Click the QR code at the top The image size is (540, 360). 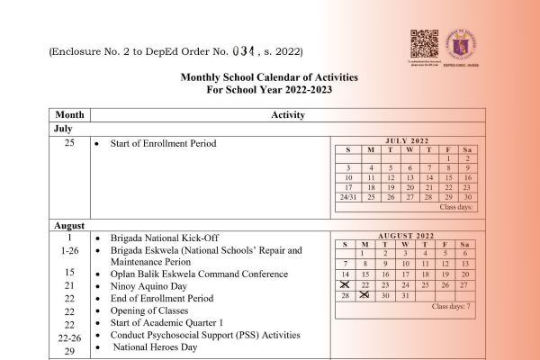click(x=424, y=43)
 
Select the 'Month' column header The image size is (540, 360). click(x=69, y=115)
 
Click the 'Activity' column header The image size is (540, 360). click(x=287, y=115)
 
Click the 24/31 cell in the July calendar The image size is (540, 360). click(x=346, y=196)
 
